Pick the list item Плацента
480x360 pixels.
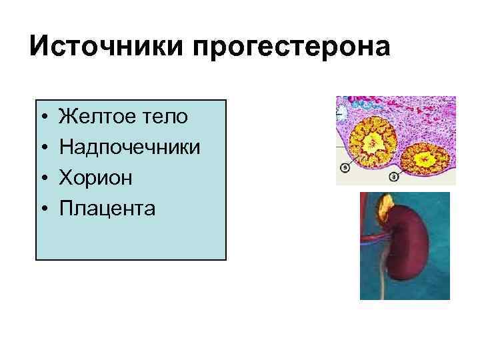click(107, 209)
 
